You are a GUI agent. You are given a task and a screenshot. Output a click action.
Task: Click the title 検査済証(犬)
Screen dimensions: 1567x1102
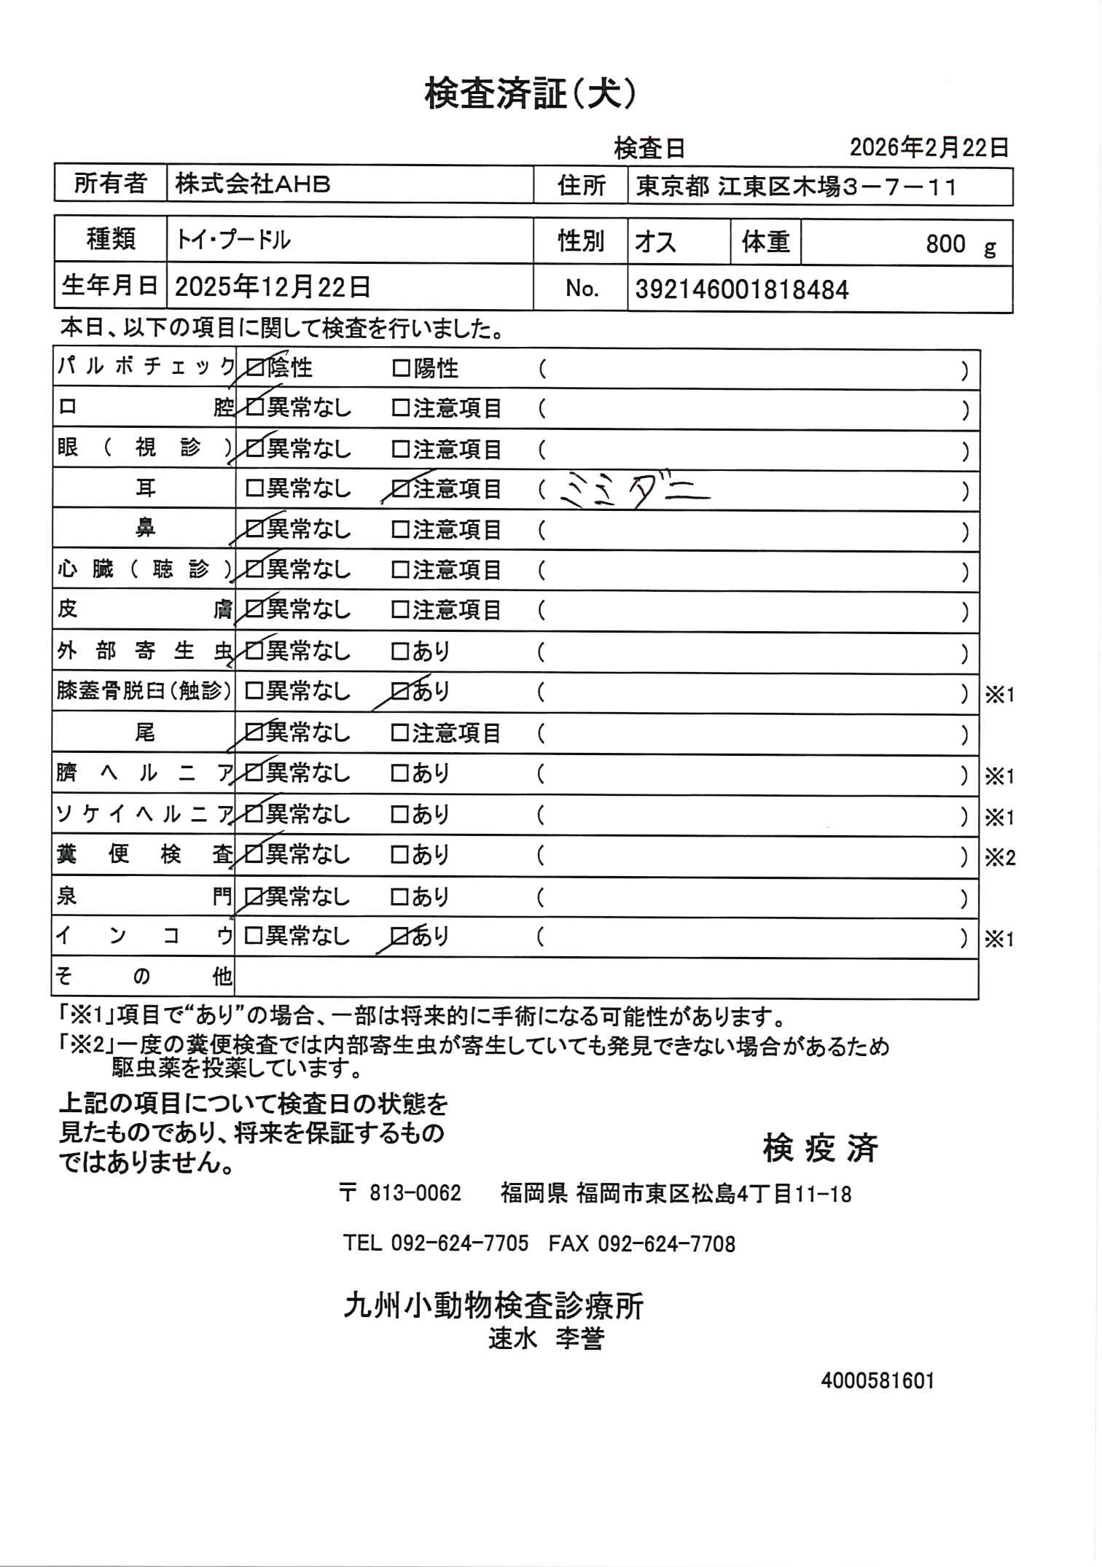coord(532,95)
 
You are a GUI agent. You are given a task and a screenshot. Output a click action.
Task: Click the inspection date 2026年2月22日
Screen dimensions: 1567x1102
coord(929,148)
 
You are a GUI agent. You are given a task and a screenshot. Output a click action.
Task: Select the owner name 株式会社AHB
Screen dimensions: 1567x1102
coord(253,185)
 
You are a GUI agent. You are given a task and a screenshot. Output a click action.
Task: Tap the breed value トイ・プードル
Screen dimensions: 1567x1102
coord(233,240)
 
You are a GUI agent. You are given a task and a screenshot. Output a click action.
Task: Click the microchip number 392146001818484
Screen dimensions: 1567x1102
coord(742,290)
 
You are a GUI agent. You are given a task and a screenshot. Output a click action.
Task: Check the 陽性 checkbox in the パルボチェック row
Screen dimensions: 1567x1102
coord(401,369)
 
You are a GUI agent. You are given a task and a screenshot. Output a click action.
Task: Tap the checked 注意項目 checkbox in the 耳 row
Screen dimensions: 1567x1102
coord(401,489)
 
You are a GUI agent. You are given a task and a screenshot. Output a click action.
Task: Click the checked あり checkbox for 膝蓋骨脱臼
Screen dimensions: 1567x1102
coord(401,691)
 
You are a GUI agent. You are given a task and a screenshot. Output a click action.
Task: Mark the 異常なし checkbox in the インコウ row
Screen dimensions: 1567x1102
coord(254,936)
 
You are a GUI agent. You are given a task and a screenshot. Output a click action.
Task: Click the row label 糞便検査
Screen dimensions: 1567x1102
coord(144,854)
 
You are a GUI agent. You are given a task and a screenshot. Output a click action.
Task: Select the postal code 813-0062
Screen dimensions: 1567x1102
coord(415,1193)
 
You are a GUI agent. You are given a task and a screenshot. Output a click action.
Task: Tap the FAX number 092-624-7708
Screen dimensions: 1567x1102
coord(666,1243)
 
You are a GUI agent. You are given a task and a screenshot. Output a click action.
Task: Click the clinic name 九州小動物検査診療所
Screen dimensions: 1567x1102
coord(493,1305)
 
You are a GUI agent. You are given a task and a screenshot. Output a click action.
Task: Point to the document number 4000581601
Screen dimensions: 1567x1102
coord(877,1380)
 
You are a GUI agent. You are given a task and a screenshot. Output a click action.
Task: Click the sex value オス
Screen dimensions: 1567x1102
coord(656,241)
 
